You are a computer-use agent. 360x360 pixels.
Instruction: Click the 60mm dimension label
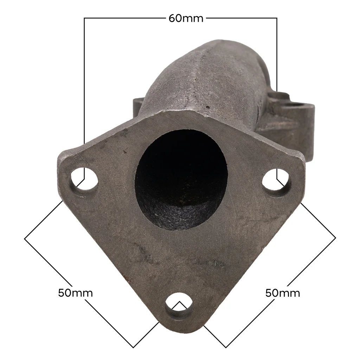click(186, 18)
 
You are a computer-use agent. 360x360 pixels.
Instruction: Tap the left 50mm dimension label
click(75, 293)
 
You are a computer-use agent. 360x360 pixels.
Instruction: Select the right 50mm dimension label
click(283, 293)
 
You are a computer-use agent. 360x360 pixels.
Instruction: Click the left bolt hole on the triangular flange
click(84, 180)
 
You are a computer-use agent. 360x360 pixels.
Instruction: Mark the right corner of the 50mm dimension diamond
click(336, 238)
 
